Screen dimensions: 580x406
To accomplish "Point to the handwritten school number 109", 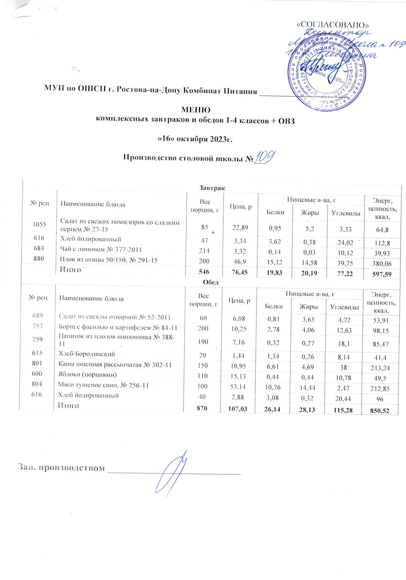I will [264, 158].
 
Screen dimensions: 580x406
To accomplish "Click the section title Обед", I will [211, 282].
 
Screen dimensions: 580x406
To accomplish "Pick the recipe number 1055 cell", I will [39, 224].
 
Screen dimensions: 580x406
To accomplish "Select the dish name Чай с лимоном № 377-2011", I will [101, 250].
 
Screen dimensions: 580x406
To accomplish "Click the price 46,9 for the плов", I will [240, 261].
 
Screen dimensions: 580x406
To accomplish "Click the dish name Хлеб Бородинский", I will [87, 354].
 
